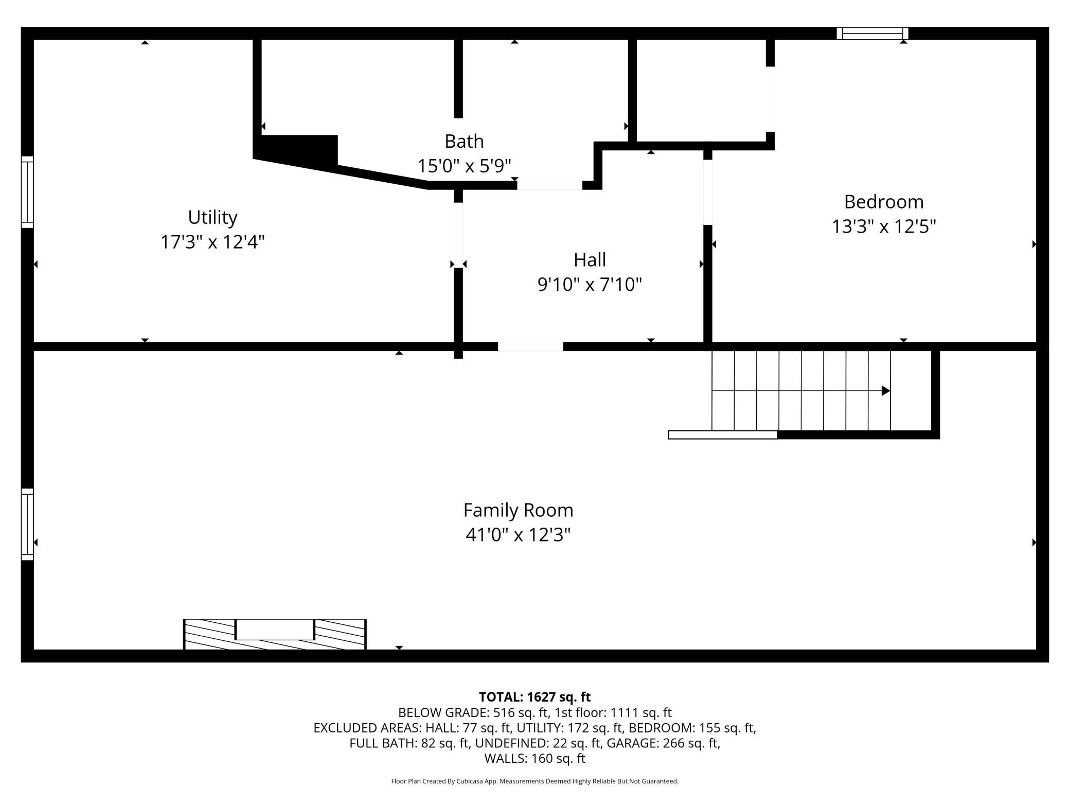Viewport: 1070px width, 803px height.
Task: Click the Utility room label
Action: click(x=212, y=218)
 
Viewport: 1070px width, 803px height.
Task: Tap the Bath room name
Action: click(x=464, y=141)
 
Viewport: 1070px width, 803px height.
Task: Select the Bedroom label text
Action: click(x=884, y=202)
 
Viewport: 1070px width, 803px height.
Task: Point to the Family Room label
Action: click(x=518, y=511)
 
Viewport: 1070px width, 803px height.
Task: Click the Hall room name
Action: click(x=590, y=260)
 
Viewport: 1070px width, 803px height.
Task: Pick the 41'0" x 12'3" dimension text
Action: click(x=518, y=535)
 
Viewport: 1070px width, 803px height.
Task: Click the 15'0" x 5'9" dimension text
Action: click(x=464, y=166)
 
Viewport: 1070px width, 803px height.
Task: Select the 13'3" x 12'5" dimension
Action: click(x=884, y=226)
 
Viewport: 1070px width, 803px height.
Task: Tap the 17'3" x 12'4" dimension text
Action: click(x=212, y=242)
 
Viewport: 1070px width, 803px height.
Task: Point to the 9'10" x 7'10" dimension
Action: click(x=590, y=285)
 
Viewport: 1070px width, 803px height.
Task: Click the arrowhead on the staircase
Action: click(x=886, y=391)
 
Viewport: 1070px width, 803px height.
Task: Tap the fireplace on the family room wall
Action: click(x=275, y=634)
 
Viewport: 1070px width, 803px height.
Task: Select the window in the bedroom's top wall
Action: click(x=872, y=33)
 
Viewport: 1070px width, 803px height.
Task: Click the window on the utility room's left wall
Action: click(x=27, y=192)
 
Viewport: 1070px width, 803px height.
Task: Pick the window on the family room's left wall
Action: click(x=27, y=524)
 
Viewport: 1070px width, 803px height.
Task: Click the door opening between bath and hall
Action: click(x=549, y=185)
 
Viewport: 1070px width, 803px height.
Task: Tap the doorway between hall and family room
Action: click(x=530, y=346)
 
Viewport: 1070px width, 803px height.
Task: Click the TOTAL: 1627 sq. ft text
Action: click(x=534, y=697)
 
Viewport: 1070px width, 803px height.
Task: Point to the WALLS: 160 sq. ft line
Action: click(x=534, y=758)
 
